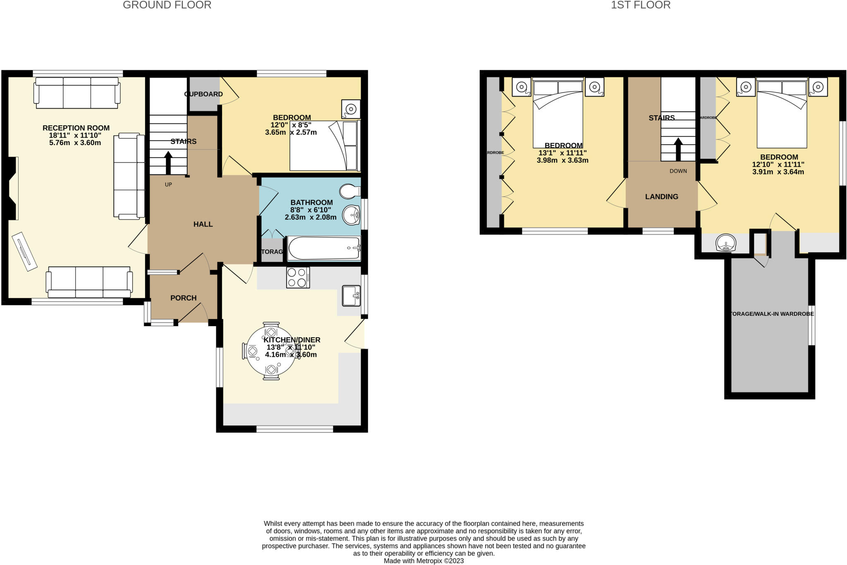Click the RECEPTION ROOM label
point(76,128)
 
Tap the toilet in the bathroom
point(349,191)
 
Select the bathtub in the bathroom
point(324,248)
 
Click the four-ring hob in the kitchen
point(298,277)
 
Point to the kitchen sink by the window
point(351,296)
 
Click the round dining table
point(271,351)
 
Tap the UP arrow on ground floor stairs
point(168,163)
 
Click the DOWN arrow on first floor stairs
point(678,149)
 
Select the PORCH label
point(183,298)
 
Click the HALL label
point(203,224)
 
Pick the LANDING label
point(661,197)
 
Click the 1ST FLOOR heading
point(640,5)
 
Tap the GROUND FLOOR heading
point(167,5)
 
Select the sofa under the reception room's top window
point(77,93)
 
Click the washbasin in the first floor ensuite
point(726,243)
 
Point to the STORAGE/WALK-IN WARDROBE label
point(770,314)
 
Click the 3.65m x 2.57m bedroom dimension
point(291,133)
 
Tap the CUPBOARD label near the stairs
point(203,94)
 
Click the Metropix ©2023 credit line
point(423,561)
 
